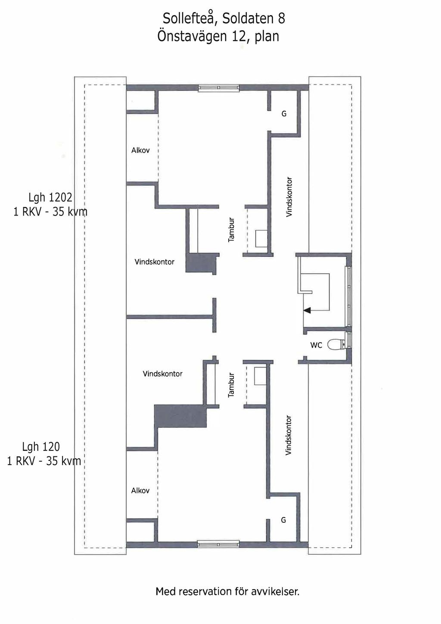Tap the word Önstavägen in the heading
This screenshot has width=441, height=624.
click(x=192, y=37)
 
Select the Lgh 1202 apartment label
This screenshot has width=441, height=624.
click(x=50, y=197)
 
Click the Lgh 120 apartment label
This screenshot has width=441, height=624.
click(x=41, y=447)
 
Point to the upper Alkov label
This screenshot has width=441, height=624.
click(x=140, y=150)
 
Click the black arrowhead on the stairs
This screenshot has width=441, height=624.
click(x=307, y=310)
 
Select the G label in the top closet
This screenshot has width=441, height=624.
click(x=284, y=114)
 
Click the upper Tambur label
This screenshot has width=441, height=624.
click(x=231, y=230)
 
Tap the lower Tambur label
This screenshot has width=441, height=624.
click(x=231, y=385)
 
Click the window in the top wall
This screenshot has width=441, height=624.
click(x=218, y=88)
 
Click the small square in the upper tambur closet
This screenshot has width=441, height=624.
click(x=262, y=238)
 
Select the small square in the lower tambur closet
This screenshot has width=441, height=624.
click(x=260, y=376)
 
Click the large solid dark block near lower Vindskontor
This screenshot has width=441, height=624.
click(x=181, y=416)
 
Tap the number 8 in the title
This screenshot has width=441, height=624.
click(x=281, y=19)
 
